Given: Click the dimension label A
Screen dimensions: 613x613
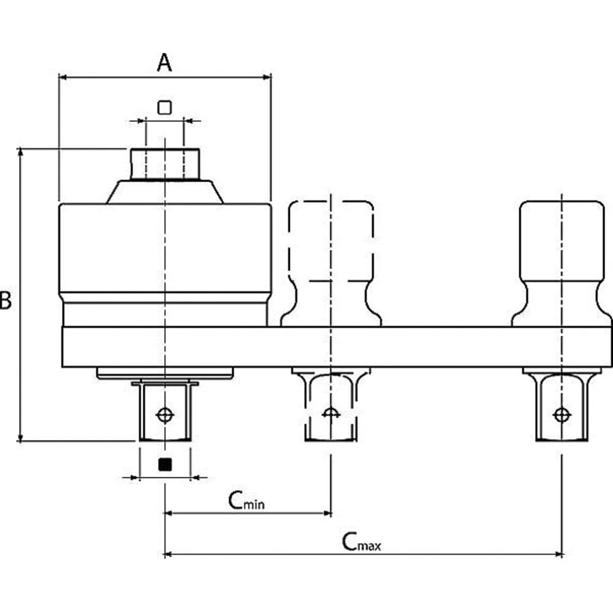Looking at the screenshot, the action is pyautogui.click(x=164, y=63).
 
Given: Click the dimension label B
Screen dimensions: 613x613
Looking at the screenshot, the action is pyautogui.click(x=6, y=300).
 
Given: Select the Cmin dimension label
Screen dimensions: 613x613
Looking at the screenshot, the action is pyautogui.click(x=246, y=500).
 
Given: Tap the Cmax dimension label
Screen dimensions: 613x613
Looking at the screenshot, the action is pyautogui.click(x=361, y=542).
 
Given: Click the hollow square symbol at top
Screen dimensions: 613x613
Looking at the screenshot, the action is pyautogui.click(x=164, y=107).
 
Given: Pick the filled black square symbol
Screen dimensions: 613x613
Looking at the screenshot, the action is pyautogui.click(x=165, y=465).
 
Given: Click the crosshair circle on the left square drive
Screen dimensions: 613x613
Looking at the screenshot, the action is pyautogui.click(x=165, y=415).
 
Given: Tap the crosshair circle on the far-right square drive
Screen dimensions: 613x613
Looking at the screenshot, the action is pyautogui.click(x=562, y=415).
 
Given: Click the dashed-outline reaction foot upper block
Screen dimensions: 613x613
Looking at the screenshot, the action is pyautogui.click(x=331, y=241).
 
